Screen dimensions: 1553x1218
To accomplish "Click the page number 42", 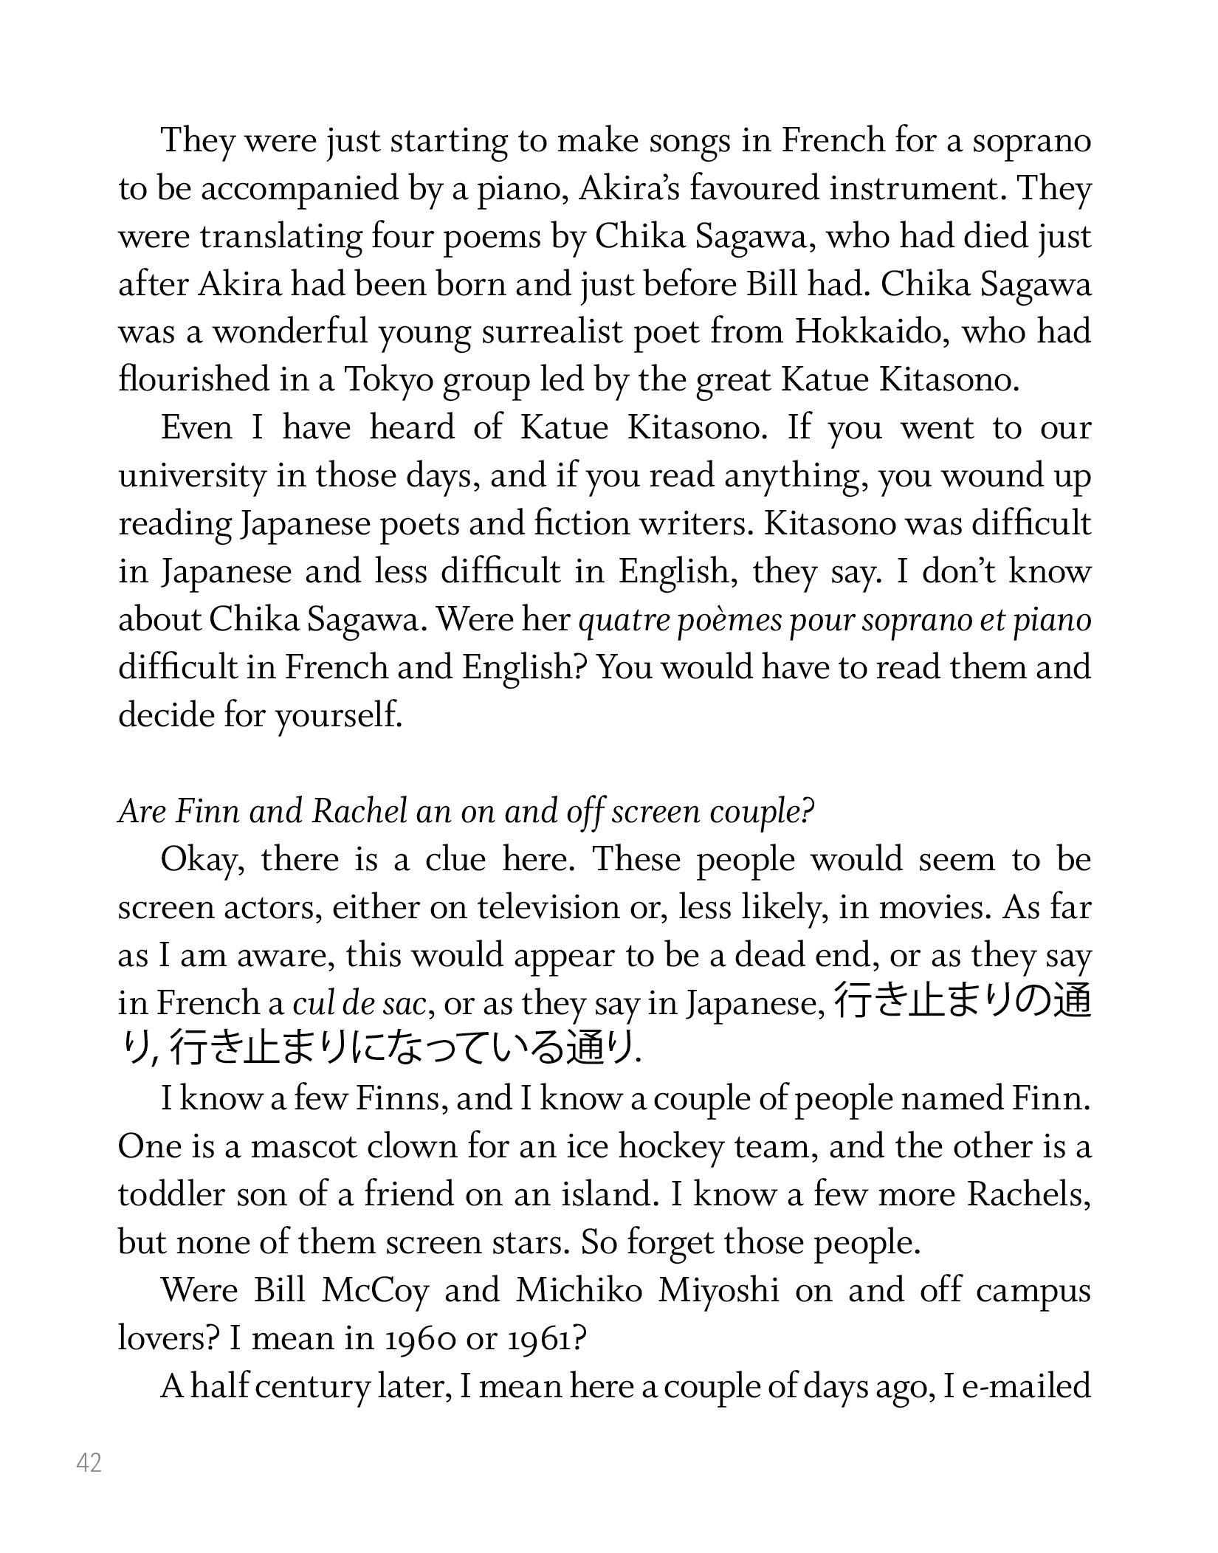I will (89, 1462).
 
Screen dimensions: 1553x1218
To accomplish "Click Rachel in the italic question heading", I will (359, 812).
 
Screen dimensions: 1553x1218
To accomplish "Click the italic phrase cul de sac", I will (359, 1004).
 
